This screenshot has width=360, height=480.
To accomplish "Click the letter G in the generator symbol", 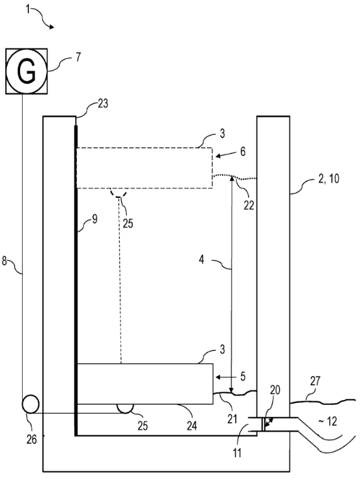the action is (x=26, y=71).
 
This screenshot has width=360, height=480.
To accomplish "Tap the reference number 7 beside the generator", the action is (x=78, y=57).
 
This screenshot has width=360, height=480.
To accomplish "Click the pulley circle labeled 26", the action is (x=31, y=404).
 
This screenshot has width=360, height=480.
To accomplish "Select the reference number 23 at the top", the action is (x=103, y=103).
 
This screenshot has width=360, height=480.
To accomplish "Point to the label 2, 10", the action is (x=329, y=179).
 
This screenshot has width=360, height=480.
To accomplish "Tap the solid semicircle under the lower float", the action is (x=125, y=409).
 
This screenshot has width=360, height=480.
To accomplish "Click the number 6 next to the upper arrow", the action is (x=243, y=151).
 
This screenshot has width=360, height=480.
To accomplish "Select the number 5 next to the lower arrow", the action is (x=243, y=377).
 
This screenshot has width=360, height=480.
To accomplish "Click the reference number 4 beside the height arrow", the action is (x=201, y=260).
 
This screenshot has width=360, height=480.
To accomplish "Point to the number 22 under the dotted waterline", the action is (x=249, y=206).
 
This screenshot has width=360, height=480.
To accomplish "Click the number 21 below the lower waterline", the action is (x=232, y=419).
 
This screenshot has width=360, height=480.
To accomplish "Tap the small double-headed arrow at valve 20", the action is (x=269, y=423).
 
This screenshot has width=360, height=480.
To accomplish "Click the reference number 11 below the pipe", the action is (x=237, y=453).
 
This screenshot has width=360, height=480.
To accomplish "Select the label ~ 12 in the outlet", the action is (x=328, y=421).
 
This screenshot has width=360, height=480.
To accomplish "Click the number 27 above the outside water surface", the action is (x=315, y=381).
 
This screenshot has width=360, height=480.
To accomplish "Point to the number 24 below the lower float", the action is (x=192, y=426).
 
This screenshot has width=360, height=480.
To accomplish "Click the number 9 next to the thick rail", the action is (x=95, y=219).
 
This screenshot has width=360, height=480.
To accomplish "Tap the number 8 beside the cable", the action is (x=4, y=261).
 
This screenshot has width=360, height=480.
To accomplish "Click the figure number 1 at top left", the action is (x=28, y=10).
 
